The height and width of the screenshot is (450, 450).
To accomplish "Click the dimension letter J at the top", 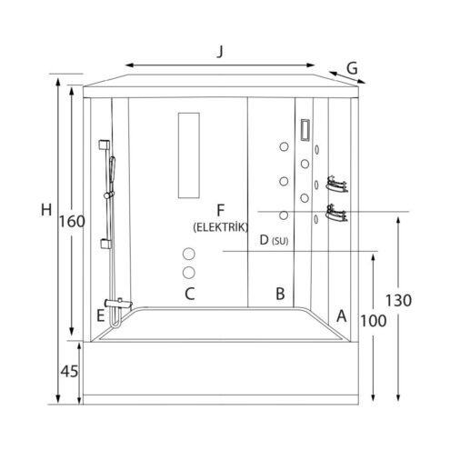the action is (x=220, y=52).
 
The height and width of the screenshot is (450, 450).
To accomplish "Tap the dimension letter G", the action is (x=352, y=68).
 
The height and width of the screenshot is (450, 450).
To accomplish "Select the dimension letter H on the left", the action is (x=46, y=210).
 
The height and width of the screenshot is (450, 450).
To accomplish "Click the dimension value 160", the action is (x=72, y=222).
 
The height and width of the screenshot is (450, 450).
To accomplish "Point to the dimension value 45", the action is (x=69, y=371).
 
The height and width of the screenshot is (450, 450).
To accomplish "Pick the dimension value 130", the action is (x=398, y=301).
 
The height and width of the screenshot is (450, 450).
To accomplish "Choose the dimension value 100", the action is (x=374, y=321).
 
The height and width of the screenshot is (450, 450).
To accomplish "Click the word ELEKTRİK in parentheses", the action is (x=221, y=227).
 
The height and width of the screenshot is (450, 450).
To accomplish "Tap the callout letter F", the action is (x=220, y=210).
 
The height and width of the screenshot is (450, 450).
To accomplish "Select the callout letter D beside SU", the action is (x=264, y=240).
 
